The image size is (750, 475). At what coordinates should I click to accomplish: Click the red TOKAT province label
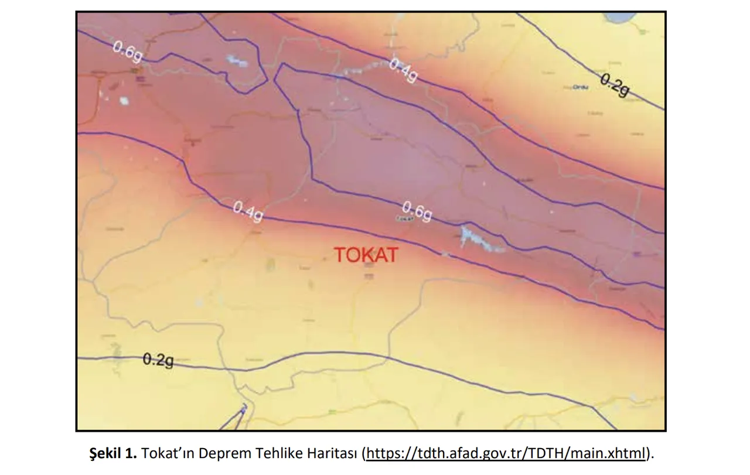[x=366, y=255]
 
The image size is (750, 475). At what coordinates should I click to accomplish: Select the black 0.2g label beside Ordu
[x=615, y=86]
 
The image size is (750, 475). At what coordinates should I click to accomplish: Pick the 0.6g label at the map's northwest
[x=128, y=53]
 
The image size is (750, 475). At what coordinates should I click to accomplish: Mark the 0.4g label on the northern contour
[x=404, y=70]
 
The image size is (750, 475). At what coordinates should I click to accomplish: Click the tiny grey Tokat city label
[x=405, y=218]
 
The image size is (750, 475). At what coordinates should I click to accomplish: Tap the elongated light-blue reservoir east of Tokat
[x=480, y=240]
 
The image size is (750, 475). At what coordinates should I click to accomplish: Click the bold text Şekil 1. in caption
[x=113, y=453]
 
